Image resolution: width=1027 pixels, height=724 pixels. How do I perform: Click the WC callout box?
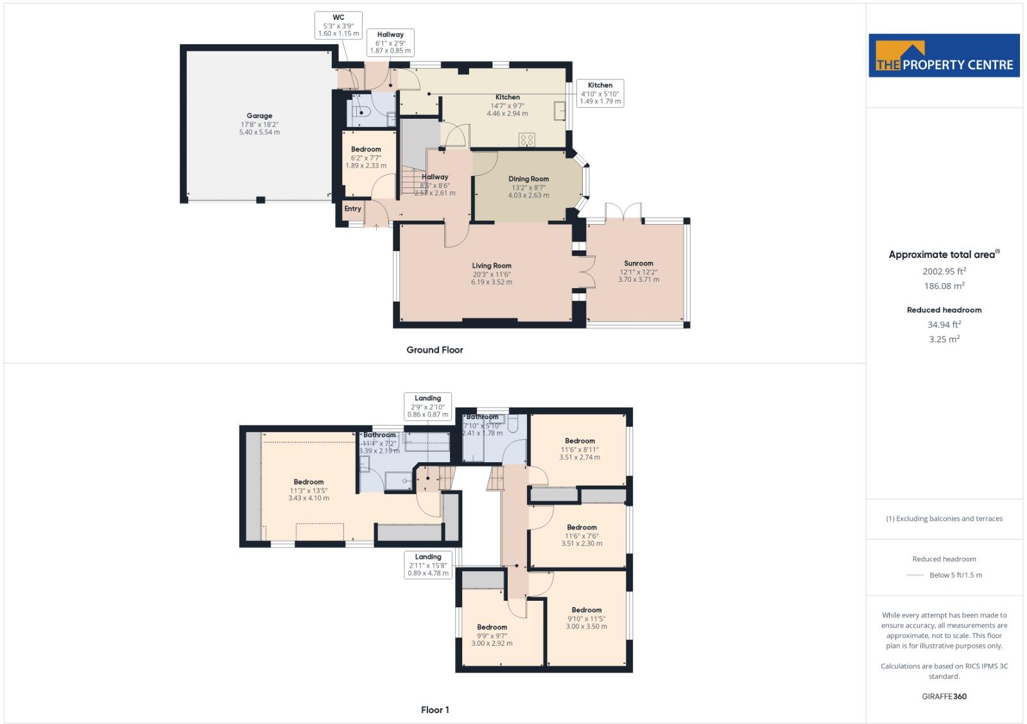[x=338, y=26]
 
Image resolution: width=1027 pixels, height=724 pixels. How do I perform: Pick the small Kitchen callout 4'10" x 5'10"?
[x=600, y=93]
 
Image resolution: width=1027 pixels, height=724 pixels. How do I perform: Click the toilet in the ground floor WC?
[x=361, y=112]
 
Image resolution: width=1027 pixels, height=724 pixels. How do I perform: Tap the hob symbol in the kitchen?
[x=526, y=139]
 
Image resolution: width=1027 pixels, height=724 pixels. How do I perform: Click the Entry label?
[x=352, y=209]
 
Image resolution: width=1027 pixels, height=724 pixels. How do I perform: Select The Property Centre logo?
[x=944, y=56]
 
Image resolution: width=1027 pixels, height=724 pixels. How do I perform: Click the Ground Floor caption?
[x=435, y=350]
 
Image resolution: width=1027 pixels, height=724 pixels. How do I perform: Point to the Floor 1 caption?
[x=435, y=710]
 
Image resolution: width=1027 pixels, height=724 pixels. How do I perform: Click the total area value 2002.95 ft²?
[x=944, y=271]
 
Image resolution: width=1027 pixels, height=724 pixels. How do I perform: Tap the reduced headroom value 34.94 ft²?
[x=944, y=325]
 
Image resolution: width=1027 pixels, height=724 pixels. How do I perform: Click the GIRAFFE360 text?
[x=944, y=696]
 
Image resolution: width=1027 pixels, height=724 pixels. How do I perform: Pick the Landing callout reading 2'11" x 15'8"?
[x=428, y=565]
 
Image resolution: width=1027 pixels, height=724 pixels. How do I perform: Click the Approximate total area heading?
[x=944, y=255]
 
